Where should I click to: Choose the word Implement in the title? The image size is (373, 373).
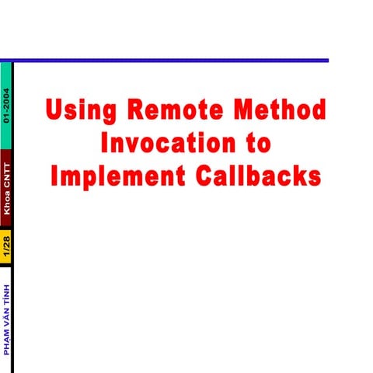[113, 176]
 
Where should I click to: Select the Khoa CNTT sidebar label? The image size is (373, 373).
[6, 188]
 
